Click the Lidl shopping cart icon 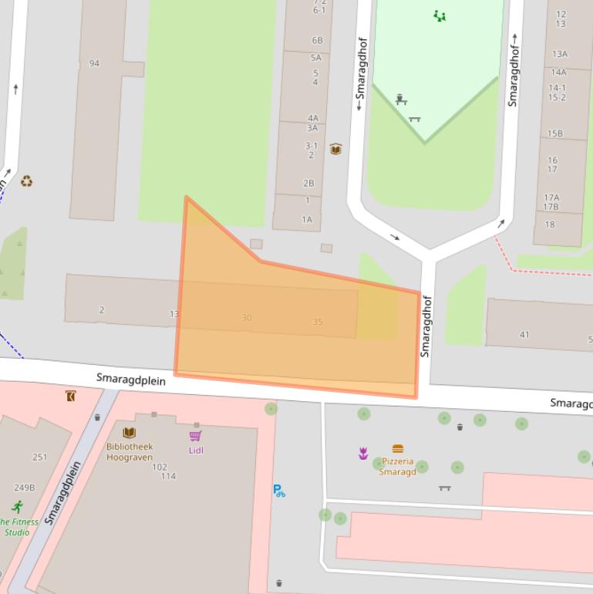click(x=195, y=436)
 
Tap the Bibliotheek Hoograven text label click(x=130, y=452)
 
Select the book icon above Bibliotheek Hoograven click(x=129, y=433)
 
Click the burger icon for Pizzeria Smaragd click(x=398, y=448)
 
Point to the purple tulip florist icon click(x=362, y=454)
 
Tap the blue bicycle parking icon click(x=278, y=490)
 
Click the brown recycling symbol click(x=27, y=181)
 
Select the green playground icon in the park click(x=440, y=15)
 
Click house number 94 click(x=94, y=63)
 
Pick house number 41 click(x=524, y=335)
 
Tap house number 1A click(x=307, y=220)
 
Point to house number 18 click(x=549, y=224)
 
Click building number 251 click(x=39, y=457)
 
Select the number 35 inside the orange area click(x=318, y=322)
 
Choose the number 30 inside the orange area click(x=246, y=318)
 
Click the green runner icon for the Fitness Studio click(x=17, y=507)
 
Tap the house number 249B click(x=25, y=488)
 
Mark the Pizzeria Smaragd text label click(x=397, y=467)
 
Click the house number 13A click(x=559, y=54)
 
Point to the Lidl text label click(x=195, y=451)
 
